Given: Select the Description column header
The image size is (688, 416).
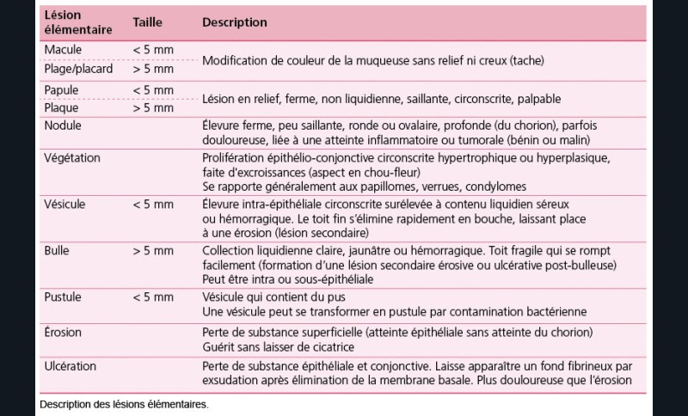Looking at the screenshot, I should [x=234, y=22].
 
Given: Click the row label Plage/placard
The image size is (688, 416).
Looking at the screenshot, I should [x=78, y=69].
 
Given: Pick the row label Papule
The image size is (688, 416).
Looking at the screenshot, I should [x=62, y=90].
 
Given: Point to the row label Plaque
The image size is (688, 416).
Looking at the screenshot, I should [x=62, y=108].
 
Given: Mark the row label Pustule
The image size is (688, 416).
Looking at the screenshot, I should [x=63, y=297].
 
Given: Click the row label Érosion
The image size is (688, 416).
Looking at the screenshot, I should [x=63, y=331].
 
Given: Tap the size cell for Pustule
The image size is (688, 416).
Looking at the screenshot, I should [x=153, y=297].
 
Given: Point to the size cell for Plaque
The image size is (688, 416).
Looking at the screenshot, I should [x=153, y=108].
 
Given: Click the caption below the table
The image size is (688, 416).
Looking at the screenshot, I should [x=124, y=403].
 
